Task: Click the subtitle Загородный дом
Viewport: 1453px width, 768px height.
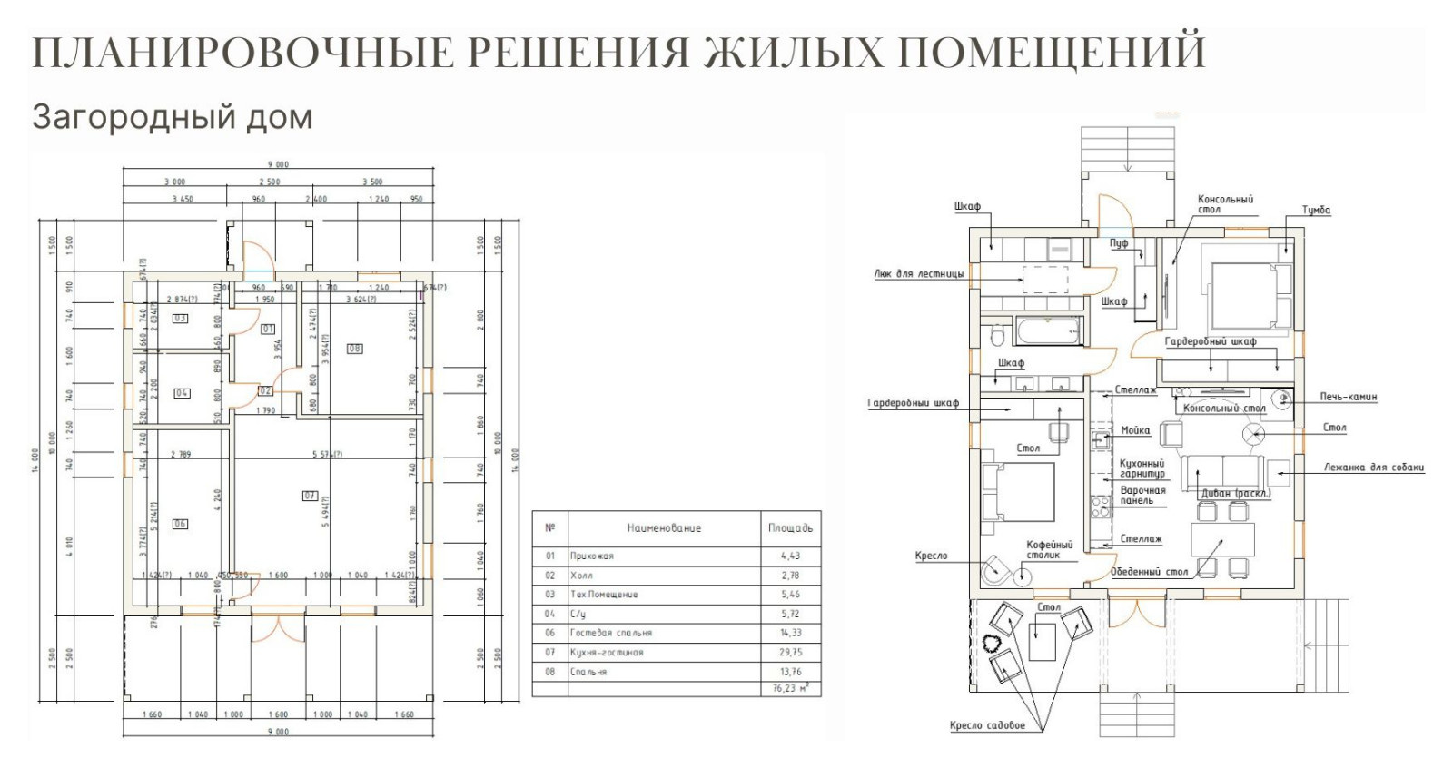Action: tap(172, 117)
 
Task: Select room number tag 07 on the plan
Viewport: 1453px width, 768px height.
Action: tap(311, 496)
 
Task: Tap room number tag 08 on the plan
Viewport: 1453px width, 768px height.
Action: tap(354, 349)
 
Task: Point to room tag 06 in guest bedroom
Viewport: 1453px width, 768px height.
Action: tap(180, 524)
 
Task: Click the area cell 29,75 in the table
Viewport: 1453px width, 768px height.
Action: tap(789, 652)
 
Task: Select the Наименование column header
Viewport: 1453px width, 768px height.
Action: tap(663, 527)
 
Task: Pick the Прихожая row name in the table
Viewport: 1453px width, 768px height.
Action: tap(592, 556)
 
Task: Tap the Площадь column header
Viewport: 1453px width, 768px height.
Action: tap(790, 527)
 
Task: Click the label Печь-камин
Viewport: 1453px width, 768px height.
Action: tap(1349, 397)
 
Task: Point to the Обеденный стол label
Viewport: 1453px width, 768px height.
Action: tap(1149, 572)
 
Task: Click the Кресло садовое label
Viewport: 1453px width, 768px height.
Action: tap(987, 725)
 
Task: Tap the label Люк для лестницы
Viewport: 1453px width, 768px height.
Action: tap(918, 272)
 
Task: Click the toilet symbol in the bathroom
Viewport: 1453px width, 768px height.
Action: tap(996, 335)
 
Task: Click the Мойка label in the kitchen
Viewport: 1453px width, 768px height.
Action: tap(1135, 430)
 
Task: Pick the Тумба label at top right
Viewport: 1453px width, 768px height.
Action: tap(1316, 210)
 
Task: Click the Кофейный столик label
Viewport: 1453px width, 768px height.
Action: tap(1050, 549)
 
